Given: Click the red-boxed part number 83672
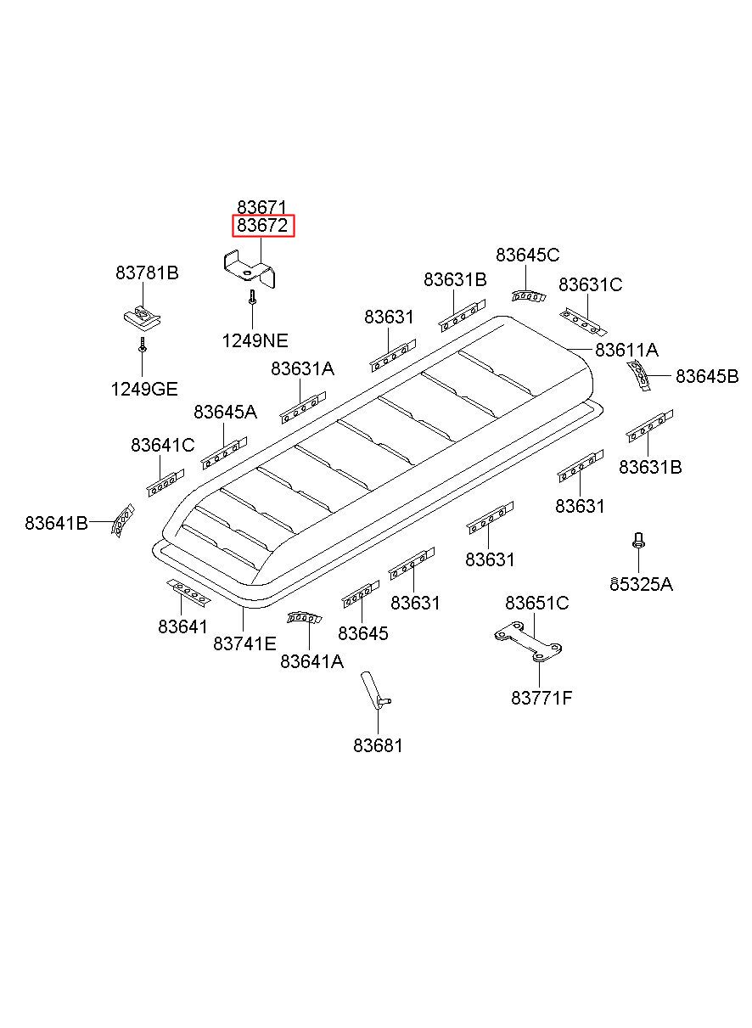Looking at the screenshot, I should tap(263, 226).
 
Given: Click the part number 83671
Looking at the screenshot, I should tap(262, 207).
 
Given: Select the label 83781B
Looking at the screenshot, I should tap(147, 272).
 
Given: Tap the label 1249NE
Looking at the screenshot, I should tap(255, 341).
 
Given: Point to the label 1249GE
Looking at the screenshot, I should tap(143, 389).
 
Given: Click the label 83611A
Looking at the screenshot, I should tap(626, 350).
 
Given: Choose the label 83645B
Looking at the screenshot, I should tap(706, 376).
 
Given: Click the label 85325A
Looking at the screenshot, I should tap(641, 584).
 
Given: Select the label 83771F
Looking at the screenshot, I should tap(541, 698).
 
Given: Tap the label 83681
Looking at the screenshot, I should tap(378, 745).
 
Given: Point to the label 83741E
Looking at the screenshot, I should tap(244, 643).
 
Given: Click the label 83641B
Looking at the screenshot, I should tap(56, 523).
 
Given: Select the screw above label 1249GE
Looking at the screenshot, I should tap(143, 345).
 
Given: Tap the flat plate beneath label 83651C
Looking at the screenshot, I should tap(530, 645).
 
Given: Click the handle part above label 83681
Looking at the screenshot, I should tap(373, 689).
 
